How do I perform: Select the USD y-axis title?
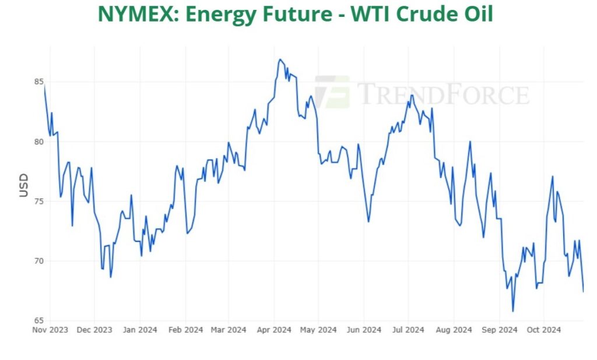[x=24, y=185]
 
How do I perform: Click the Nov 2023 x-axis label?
[x=50, y=330]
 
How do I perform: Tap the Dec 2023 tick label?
[x=94, y=330]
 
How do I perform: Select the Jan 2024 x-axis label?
[x=140, y=330]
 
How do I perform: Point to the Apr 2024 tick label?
[x=274, y=330]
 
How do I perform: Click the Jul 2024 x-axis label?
[x=408, y=330]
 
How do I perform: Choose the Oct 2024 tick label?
[x=543, y=330]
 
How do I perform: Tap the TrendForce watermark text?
[x=443, y=94]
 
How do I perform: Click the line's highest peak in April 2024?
[x=280, y=59]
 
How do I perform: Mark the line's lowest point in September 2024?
[x=513, y=311]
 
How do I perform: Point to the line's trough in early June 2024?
[x=368, y=221]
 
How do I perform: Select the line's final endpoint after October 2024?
[x=584, y=292]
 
